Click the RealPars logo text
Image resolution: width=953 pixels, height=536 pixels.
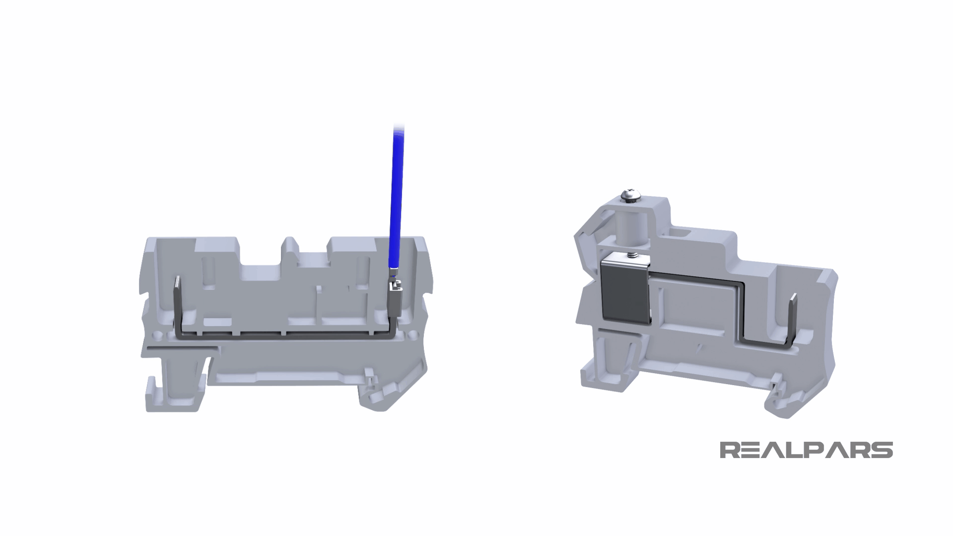(x=806, y=451)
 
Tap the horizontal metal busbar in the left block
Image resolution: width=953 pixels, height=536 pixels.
(x=283, y=335)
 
